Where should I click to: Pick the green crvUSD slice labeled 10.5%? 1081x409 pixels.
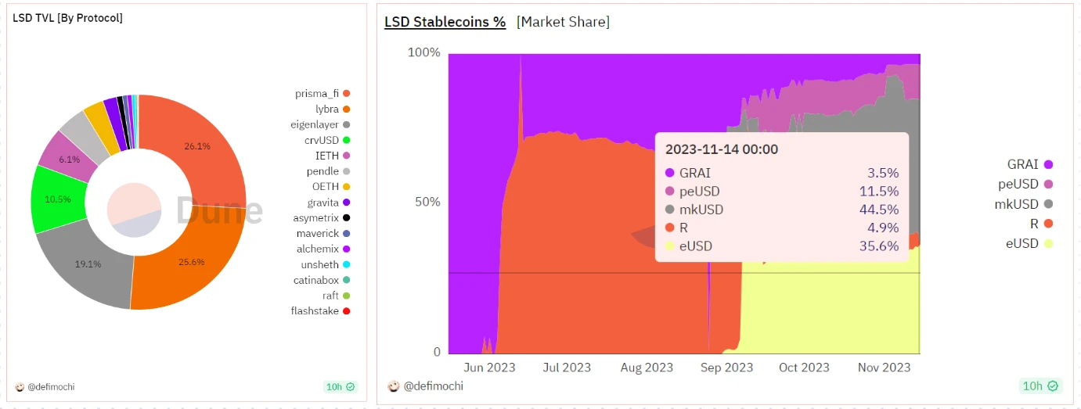[x=58, y=199]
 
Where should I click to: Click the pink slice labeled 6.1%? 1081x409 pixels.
[x=69, y=159]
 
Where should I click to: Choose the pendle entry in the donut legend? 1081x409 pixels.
[x=322, y=171]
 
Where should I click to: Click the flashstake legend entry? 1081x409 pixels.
[x=315, y=310]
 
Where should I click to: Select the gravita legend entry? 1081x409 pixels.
[x=322, y=203]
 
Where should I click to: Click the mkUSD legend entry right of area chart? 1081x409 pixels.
[x=1018, y=204]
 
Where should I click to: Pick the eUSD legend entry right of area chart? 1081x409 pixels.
[x=1022, y=243]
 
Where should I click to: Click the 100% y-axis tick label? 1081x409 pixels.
[x=423, y=52]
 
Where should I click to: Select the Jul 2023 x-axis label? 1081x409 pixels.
[x=566, y=368]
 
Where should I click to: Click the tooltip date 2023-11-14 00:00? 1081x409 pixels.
[x=721, y=149]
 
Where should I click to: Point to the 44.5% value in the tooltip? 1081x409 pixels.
[x=881, y=210]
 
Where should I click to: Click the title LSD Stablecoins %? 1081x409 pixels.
[x=445, y=22]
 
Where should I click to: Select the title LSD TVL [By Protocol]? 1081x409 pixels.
[x=67, y=17]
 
